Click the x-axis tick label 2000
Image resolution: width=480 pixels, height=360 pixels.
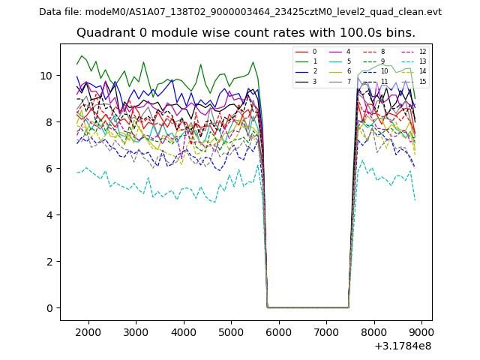pos(88,332)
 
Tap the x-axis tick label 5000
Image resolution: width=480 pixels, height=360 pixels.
pos(231,332)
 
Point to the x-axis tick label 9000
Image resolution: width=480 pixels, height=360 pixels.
pos(421,332)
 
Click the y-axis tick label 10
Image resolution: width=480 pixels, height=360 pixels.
pos(48,76)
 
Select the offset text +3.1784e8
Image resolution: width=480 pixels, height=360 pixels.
pos(403,346)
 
